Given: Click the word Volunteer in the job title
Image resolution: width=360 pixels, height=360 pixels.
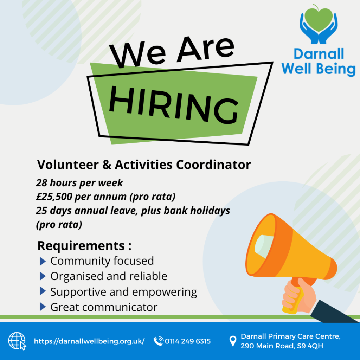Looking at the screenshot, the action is click(68, 165).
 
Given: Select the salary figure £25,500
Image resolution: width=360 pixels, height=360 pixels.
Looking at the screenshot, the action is click(54, 197).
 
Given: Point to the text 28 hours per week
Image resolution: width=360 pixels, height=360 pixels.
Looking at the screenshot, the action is click(79, 183).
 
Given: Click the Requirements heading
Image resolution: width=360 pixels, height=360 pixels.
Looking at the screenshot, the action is click(84, 246).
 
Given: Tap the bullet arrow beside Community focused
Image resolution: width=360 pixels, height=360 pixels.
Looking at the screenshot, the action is click(43, 261).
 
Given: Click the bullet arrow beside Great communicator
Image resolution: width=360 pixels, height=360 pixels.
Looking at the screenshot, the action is click(43, 307).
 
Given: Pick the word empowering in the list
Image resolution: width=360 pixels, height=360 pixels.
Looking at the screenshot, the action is click(165, 292).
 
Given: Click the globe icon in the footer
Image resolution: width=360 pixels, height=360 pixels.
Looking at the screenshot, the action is click(17, 341).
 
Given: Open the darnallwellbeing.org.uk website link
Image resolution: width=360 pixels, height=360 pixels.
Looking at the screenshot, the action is click(89, 341).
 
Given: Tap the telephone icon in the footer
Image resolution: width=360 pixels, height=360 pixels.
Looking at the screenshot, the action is click(159, 341).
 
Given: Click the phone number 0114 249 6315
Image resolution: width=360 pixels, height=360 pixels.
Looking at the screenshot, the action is click(188, 341).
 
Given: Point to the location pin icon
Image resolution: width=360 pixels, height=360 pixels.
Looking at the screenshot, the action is click(233, 341).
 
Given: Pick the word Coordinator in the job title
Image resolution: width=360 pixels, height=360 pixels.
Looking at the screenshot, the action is click(213, 165).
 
